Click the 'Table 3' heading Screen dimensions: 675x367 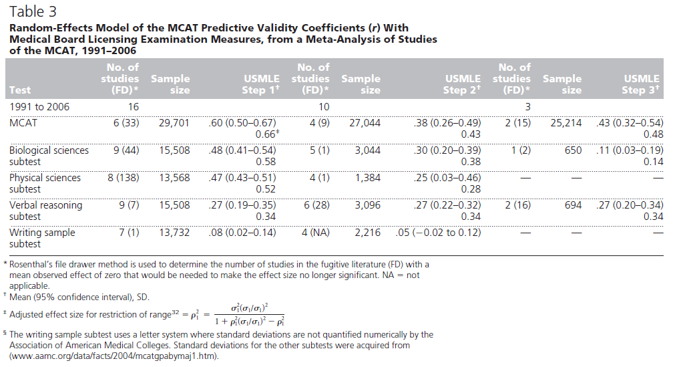point(33,11)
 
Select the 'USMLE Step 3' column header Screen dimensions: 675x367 point(640,84)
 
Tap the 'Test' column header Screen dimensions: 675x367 point(20,90)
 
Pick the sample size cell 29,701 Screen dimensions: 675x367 point(174,123)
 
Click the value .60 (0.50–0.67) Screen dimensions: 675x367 point(242,123)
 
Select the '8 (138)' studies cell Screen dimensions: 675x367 point(124,178)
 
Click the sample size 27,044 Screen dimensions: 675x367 point(365,123)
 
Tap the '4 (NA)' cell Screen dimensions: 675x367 point(316,233)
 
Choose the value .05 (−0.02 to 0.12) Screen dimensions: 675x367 point(438,233)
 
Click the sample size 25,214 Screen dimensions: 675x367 point(566,123)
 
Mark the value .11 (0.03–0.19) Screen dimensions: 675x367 point(630,150)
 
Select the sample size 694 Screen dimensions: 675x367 point(574,205)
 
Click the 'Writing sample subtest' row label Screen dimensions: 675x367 point(42,238)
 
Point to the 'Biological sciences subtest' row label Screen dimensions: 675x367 point(49,156)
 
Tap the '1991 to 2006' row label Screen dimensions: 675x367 point(39,106)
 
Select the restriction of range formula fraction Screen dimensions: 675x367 point(250,314)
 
